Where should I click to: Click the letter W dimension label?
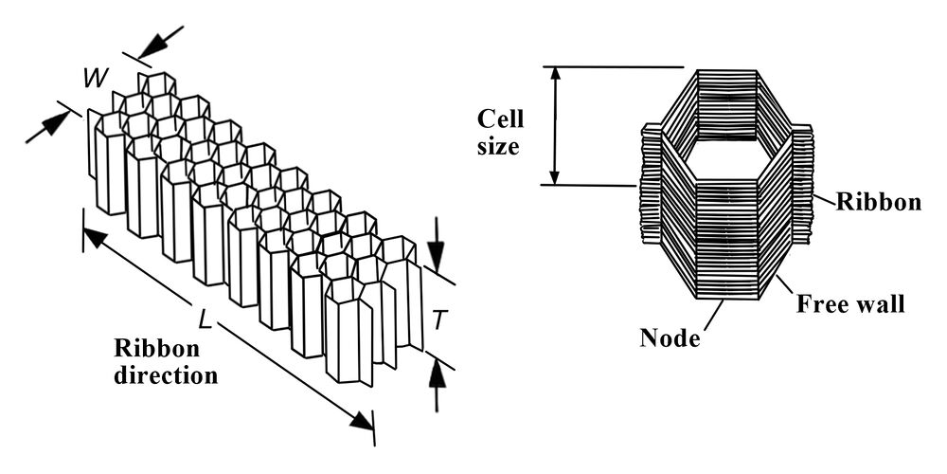[94, 78]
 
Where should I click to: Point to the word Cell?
[500, 120]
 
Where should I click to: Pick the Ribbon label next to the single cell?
[878, 202]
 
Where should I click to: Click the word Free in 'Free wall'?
[822, 304]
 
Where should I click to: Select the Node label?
[670, 337]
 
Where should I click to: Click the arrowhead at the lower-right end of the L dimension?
[362, 420]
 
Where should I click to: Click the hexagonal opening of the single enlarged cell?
[726, 154]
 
